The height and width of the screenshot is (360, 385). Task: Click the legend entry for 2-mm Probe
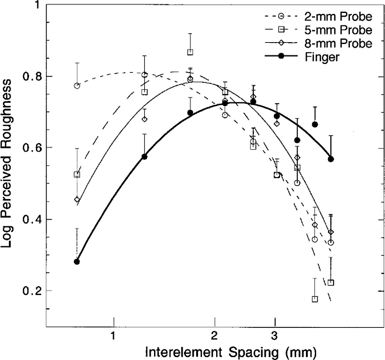click(x=338, y=17)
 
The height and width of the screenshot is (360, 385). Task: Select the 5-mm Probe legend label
click(x=338, y=30)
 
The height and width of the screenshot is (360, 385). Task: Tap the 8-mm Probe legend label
click(x=338, y=43)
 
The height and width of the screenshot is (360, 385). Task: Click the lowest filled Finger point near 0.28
click(x=77, y=262)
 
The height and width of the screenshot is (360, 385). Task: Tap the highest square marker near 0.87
click(x=190, y=52)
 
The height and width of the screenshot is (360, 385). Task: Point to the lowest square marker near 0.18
click(x=315, y=299)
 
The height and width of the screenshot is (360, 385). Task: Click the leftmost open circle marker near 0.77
click(x=77, y=86)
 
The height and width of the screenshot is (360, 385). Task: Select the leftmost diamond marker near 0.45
click(x=77, y=200)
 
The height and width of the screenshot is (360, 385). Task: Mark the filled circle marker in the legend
click(x=282, y=56)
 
